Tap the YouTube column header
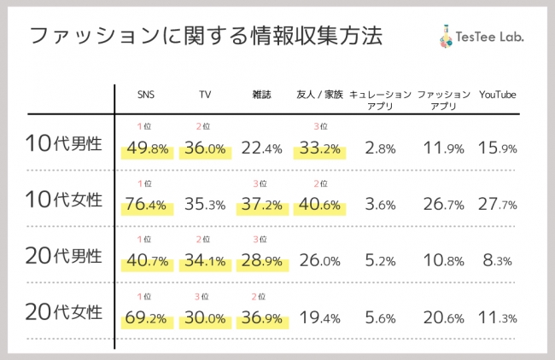[x=498, y=94]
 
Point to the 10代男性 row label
[x=65, y=143]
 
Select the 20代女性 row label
[x=65, y=311]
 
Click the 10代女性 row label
[x=65, y=200]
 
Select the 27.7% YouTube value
[x=499, y=205]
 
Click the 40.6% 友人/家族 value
[x=318, y=205]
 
